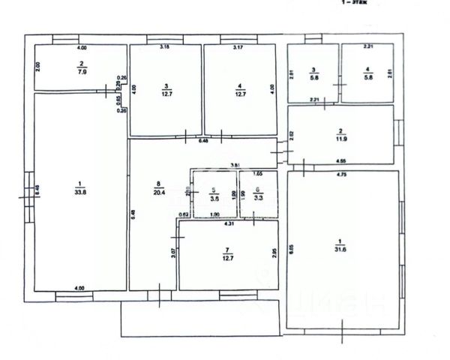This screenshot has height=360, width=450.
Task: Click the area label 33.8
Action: [80, 190]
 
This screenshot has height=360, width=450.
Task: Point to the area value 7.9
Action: [80, 73]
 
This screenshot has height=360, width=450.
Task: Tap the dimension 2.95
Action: [274, 253]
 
